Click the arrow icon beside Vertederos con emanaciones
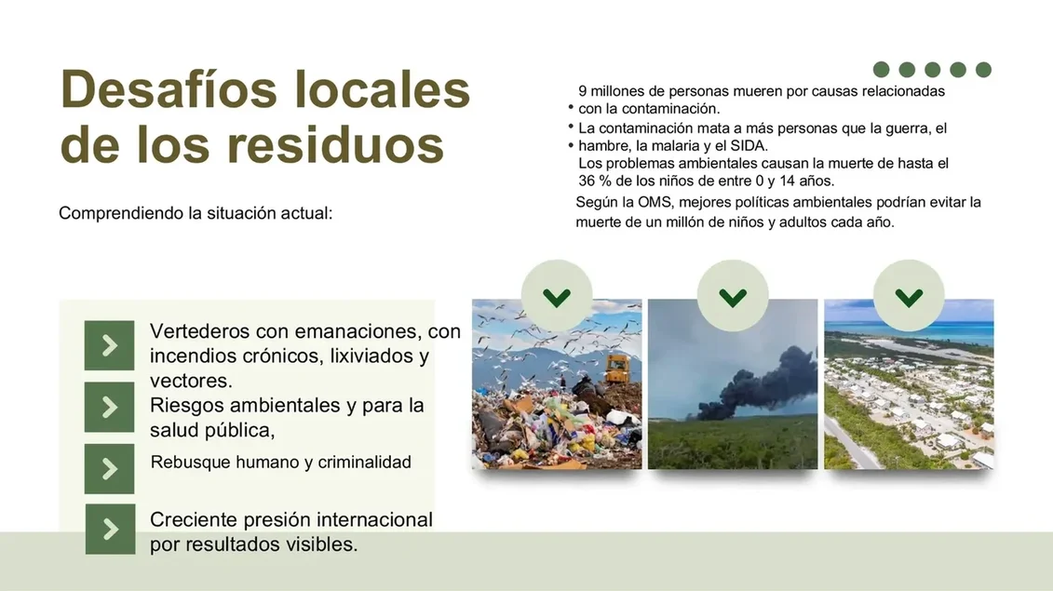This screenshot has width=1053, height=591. coord(110,345)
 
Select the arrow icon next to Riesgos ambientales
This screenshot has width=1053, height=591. coord(110,407)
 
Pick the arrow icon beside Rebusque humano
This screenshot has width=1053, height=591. coord(110,468)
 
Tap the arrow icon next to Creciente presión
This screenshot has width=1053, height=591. coord(110,529)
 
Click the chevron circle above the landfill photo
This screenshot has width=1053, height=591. coord(557,296)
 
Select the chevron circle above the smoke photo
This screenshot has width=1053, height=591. coord(733,296)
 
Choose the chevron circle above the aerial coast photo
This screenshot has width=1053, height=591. coord(909,296)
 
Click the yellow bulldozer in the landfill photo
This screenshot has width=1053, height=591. coord(614,369)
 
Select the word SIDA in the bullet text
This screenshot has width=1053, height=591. coord(749,145)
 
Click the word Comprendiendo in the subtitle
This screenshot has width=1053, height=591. coord(121,213)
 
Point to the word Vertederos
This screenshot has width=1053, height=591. coord(198,331)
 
